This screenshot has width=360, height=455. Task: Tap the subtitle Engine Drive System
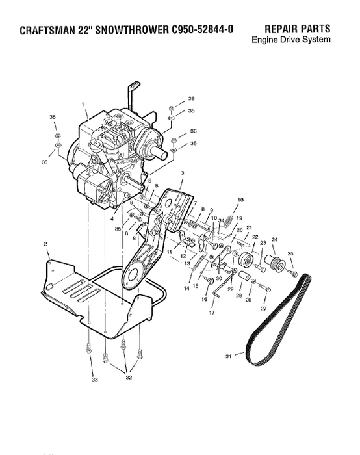(x=290, y=40)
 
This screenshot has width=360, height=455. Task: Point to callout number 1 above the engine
(x=83, y=104)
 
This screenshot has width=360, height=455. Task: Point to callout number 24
(x=274, y=239)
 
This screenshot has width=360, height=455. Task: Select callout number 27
(x=264, y=307)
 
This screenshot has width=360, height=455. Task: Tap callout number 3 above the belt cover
(x=183, y=173)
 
